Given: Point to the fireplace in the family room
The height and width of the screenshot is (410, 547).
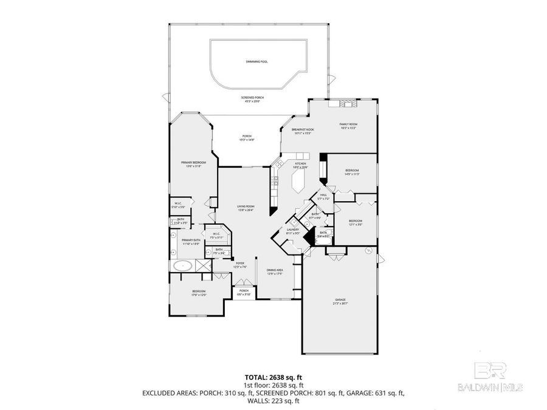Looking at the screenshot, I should (x=345, y=103).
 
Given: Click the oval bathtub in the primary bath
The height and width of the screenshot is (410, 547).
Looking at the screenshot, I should (x=182, y=265).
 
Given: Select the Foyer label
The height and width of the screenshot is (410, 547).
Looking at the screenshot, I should (x=240, y=264).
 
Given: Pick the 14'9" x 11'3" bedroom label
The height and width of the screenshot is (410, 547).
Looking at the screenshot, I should (x=353, y=172).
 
